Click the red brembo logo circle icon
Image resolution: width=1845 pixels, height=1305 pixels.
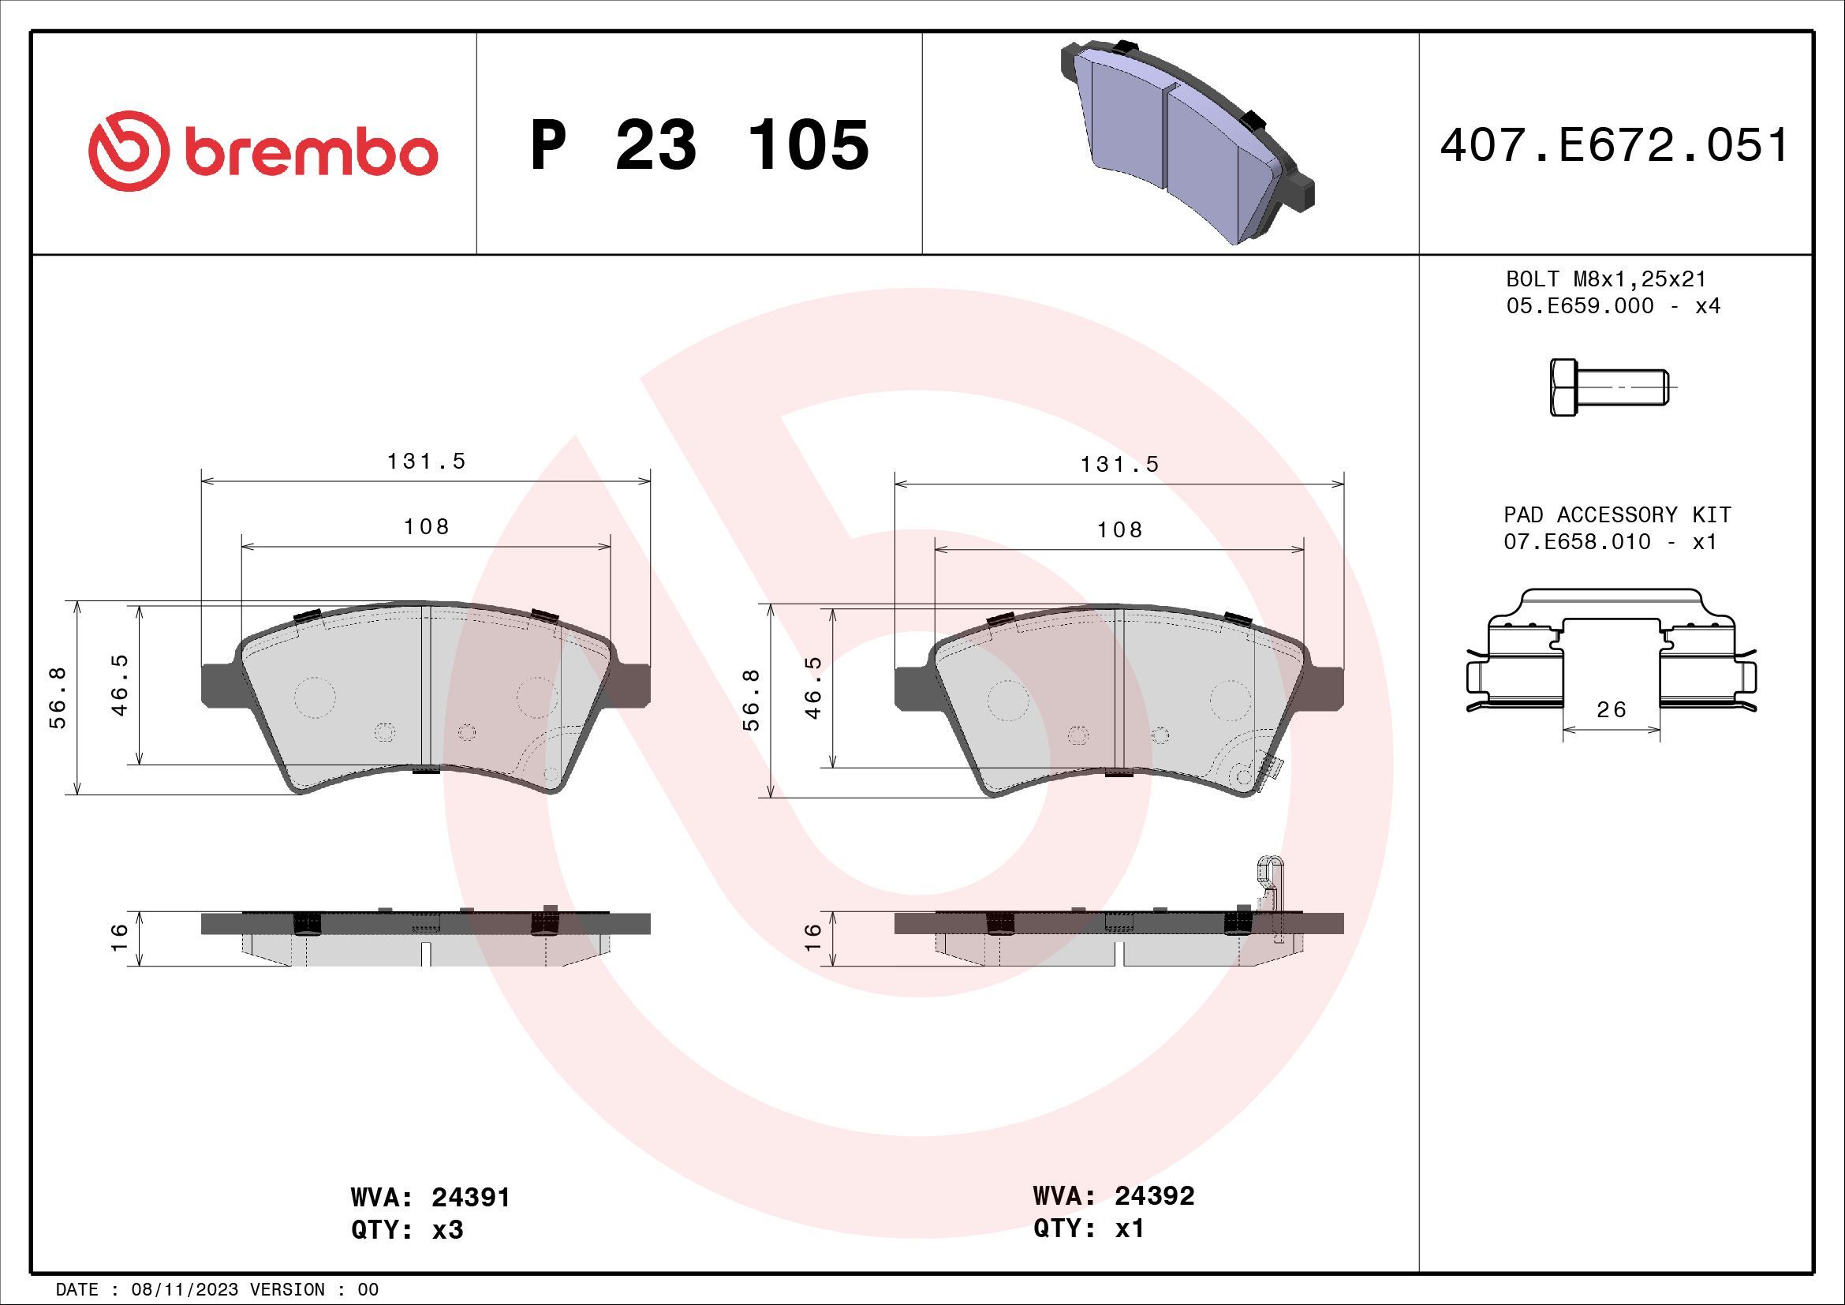[x=129, y=151]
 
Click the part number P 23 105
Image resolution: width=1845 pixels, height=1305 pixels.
[x=699, y=145]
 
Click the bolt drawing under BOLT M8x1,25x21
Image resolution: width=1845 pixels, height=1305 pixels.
[x=1612, y=388]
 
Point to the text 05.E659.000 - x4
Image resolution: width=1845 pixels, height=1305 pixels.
[x=1613, y=306]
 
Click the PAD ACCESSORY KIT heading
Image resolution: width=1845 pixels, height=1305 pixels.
[x=1617, y=514]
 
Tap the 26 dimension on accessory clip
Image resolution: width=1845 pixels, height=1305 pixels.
[x=1612, y=709]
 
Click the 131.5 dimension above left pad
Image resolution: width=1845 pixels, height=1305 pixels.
[x=426, y=462]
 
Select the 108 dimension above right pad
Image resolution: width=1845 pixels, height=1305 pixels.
[x=1119, y=529]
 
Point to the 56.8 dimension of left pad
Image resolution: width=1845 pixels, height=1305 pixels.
[x=58, y=697]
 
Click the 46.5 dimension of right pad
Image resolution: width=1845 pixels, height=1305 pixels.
[x=814, y=688]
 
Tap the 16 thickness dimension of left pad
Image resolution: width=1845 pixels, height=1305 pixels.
[x=119, y=937]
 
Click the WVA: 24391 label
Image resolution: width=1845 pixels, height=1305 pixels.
[x=430, y=1198]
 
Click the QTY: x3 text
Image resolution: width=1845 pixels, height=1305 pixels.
[x=406, y=1230]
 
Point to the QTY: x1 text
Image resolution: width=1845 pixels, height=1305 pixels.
[x=1088, y=1228]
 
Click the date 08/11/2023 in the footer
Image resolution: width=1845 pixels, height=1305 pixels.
[x=185, y=1290]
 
